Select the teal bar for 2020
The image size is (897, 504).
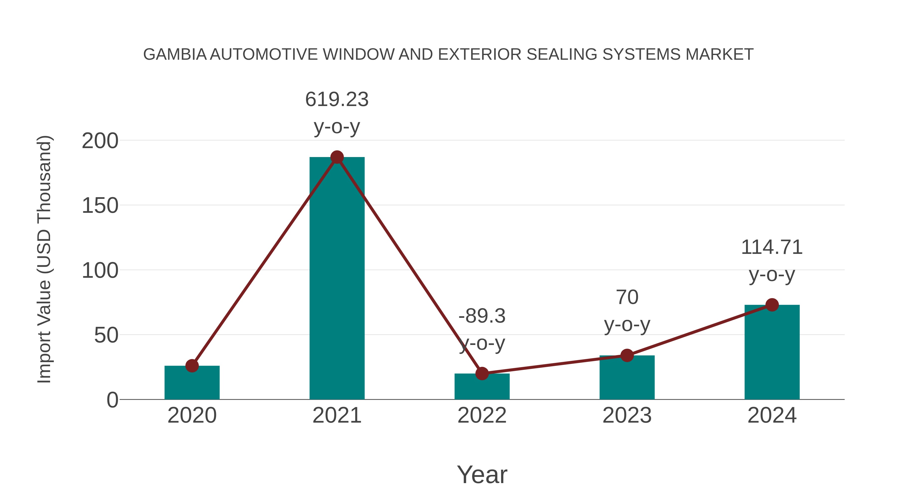click(192, 382)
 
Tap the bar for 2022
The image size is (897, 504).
click(482, 387)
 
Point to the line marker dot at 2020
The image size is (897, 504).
click(192, 366)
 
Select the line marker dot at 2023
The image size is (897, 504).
click(627, 355)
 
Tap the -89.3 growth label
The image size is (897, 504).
click(482, 316)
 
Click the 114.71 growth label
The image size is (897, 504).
click(772, 247)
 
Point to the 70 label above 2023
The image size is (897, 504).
click(627, 297)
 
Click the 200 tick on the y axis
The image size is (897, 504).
click(100, 141)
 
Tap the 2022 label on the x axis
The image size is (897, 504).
click(482, 415)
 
